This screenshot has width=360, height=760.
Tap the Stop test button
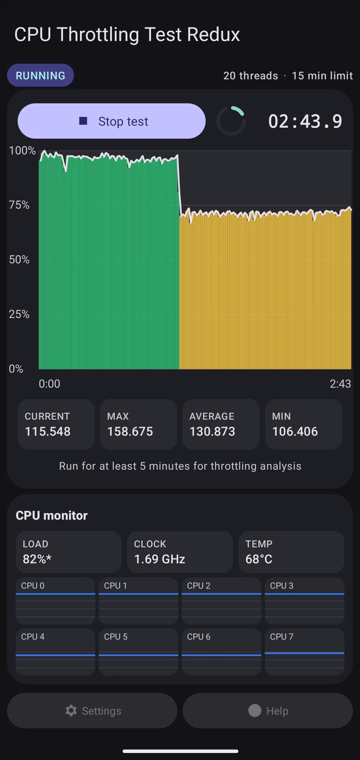coord(111,121)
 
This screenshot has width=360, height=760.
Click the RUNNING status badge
coord(40,75)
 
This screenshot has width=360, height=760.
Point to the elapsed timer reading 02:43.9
coord(305,121)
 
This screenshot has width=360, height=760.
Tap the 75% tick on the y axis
coord(19,205)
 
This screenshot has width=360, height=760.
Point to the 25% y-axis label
coord(19,314)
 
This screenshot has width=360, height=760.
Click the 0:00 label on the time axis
coord(49,384)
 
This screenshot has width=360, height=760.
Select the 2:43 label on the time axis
coord(340,384)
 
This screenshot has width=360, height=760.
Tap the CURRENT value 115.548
coord(48,431)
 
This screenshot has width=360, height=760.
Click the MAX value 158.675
coord(130,431)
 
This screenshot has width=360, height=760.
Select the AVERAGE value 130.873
coord(212,431)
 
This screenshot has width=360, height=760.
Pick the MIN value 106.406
coord(295,431)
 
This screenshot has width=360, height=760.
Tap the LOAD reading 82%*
coord(37,559)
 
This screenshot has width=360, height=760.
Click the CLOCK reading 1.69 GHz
coord(160,559)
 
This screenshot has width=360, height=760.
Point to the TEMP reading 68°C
coord(259,559)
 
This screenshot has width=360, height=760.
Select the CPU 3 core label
coord(282,586)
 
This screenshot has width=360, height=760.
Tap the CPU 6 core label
coord(199,637)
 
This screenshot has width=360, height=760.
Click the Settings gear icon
coord(71,711)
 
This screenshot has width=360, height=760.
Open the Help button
coord(268,711)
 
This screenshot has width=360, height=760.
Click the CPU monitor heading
coord(52,515)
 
